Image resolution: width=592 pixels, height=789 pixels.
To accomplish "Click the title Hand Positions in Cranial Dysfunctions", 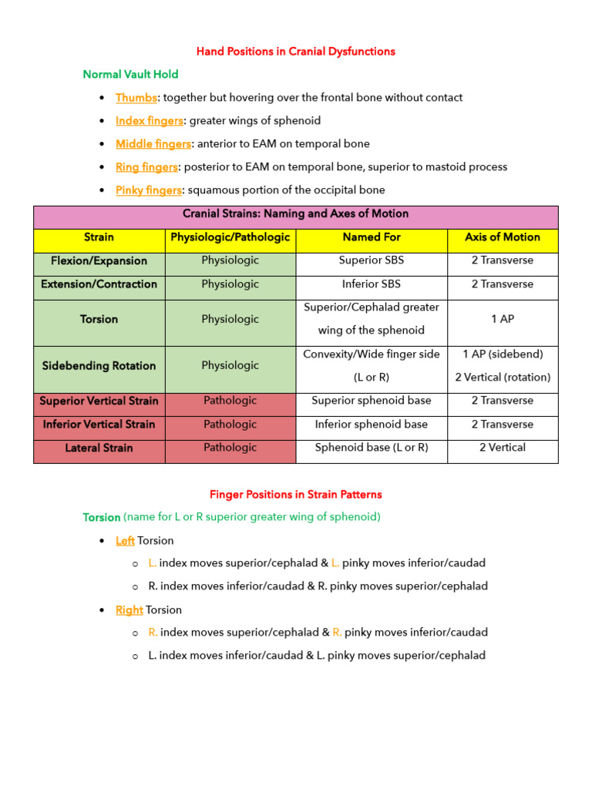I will click(295, 52).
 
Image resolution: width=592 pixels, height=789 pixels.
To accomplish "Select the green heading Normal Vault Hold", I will click(130, 75).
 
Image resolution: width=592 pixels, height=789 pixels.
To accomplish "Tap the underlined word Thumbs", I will click(136, 98).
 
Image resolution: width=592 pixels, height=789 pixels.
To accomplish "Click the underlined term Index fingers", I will click(150, 121).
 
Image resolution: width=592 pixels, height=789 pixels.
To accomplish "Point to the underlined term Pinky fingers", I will click(149, 190).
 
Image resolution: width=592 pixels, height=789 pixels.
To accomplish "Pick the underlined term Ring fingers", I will click(146, 167).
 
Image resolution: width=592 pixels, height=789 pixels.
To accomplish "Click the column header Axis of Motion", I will click(503, 237).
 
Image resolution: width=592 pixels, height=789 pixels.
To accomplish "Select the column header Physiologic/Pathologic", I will click(230, 237).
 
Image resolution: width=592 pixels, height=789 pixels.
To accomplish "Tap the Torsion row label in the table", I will click(99, 319).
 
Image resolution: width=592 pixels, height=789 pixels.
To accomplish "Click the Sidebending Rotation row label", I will click(99, 366).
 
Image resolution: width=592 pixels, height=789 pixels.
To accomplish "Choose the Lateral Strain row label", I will click(99, 448).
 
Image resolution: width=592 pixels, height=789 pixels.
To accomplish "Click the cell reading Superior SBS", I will click(371, 260).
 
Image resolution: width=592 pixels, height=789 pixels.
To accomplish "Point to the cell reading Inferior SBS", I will click(371, 284).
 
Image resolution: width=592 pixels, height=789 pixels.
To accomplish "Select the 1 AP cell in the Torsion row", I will click(503, 319).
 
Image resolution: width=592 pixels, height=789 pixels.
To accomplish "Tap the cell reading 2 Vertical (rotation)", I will click(503, 378).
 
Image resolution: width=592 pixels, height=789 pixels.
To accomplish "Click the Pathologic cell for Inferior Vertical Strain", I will click(230, 425).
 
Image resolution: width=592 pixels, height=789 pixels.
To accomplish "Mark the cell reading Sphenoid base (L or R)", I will click(371, 448).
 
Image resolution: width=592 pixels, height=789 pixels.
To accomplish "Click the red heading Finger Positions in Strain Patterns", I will click(295, 495).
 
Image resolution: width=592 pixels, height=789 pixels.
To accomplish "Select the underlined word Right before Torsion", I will click(129, 610).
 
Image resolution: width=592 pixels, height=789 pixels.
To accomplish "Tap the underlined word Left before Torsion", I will click(125, 541).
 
